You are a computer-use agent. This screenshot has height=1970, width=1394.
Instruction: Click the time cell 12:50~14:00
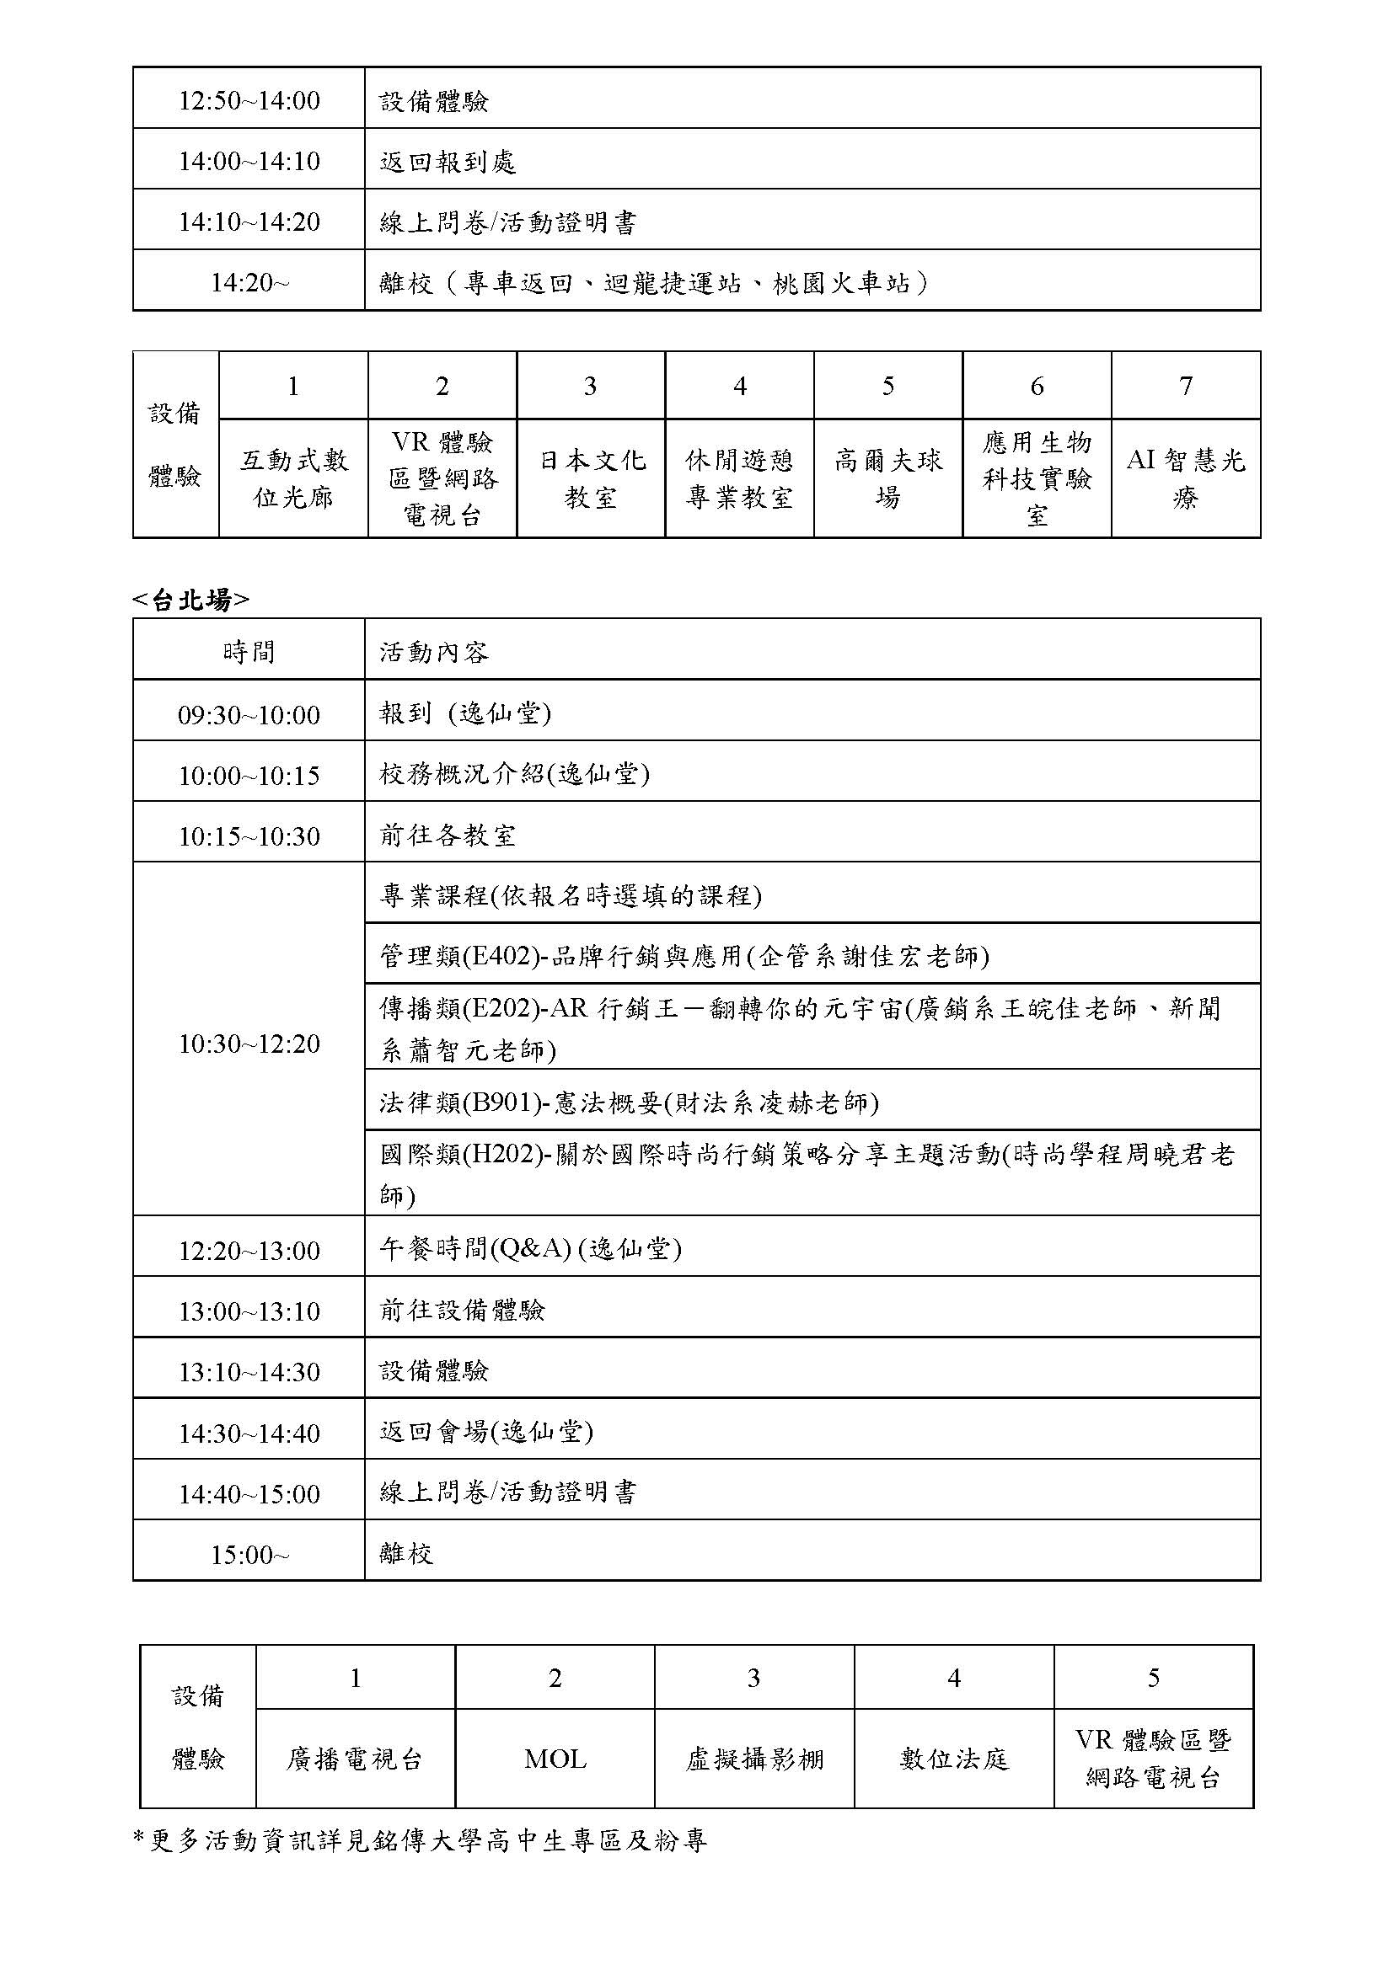[249, 100]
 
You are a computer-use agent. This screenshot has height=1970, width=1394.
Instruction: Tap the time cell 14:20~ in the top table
[249, 282]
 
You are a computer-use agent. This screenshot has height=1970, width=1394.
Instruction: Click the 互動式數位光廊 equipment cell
[293, 478]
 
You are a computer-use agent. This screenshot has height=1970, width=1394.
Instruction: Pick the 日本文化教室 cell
[592, 478]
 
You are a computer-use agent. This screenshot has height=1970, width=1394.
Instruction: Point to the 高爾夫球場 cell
[888, 478]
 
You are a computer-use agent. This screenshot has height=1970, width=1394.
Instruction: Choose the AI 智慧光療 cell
[1186, 478]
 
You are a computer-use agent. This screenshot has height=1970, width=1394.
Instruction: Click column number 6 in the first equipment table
[1037, 386]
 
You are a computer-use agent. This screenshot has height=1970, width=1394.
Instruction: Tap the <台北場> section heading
[190, 601]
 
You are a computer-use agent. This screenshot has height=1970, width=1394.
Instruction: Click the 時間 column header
[249, 652]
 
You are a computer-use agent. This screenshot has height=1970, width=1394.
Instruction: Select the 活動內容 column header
[434, 652]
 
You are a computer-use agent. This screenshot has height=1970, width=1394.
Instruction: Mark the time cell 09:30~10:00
[249, 715]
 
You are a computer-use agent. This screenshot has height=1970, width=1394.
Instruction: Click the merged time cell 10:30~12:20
[249, 1044]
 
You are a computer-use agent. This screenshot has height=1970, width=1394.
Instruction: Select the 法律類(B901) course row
[630, 1102]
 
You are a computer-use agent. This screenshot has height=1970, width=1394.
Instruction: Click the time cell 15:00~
[249, 1555]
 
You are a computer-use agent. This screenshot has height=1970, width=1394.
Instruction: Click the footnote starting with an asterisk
[421, 1839]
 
